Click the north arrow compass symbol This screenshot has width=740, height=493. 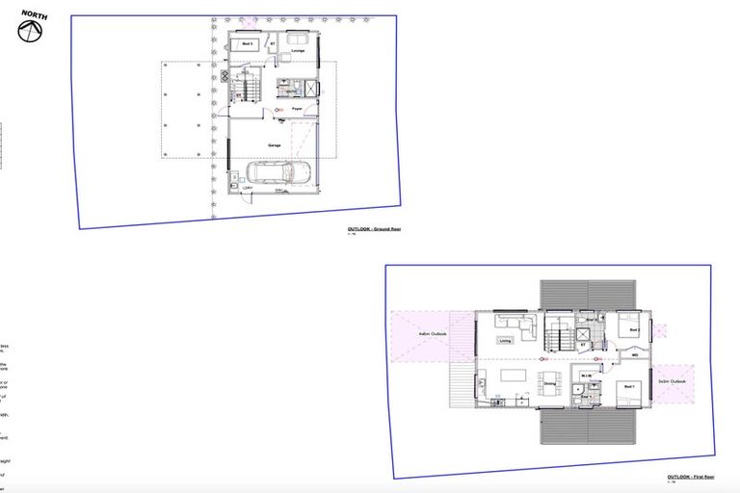click(x=31, y=31)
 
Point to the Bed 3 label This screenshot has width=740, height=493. click(x=247, y=44)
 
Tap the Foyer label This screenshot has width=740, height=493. click(x=298, y=112)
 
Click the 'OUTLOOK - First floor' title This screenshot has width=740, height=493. click(x=689, y=477)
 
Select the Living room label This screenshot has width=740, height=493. click(x=505, y=341)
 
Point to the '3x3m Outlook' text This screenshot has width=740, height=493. click(x=673, y=382)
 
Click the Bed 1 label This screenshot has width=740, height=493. click(x=629, y=386)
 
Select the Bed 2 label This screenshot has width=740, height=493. click(x=634, y=329)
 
